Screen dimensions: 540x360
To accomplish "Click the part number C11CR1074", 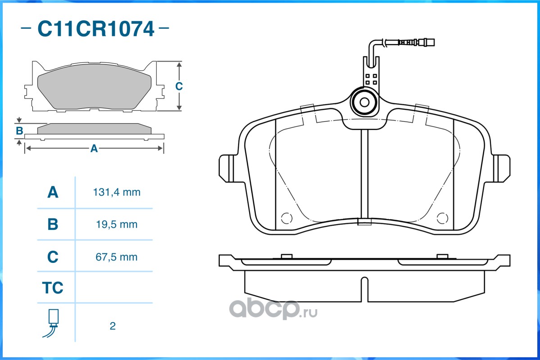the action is pos(96,29).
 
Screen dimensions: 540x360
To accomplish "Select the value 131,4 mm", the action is pos(117,192).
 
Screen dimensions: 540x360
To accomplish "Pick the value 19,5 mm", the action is pos(117,225).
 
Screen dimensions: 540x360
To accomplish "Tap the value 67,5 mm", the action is pos(116,257).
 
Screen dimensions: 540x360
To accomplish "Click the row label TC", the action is pos(53,288).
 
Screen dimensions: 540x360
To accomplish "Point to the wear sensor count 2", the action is pos(113,326).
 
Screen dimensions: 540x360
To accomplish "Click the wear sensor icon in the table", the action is pos(51,323).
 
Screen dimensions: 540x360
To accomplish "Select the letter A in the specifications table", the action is pos(53,192).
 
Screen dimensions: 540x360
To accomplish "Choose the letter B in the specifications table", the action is pos(53,225).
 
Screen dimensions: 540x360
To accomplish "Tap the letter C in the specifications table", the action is pos(53,257).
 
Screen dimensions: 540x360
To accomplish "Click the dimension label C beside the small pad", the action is pos(179,86).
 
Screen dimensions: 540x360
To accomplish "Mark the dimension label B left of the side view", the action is pos(19,131).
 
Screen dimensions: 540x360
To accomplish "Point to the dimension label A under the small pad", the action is pos(94,148).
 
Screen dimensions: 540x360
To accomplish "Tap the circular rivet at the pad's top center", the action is pos(364,102).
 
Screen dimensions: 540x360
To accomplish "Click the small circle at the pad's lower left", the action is pos(287,218).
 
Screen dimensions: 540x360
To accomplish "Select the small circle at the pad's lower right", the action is pos(442,218).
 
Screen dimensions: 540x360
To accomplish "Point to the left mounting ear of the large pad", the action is pos(228,168).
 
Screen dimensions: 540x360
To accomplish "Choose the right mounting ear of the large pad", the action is pos(501,168).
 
